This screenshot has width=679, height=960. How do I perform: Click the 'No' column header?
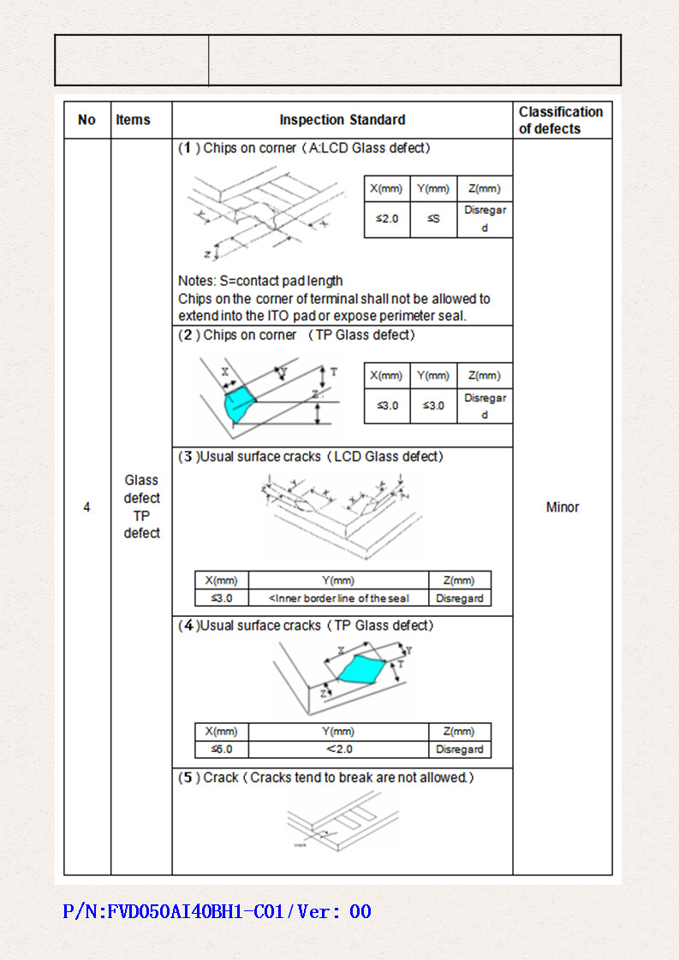(x=86, y=120)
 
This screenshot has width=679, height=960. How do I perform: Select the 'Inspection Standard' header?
(x=342, y=120)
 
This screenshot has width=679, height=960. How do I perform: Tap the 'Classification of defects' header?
(x=561, y=120)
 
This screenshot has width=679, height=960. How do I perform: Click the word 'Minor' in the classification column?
(x=563, y=507)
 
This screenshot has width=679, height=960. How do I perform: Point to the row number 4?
(x=86, y=507)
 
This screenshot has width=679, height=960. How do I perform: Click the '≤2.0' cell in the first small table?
(x=387, y=219)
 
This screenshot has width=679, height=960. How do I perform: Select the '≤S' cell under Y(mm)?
(x=433, y=219)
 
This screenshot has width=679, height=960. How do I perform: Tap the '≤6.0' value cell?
(x=221, y=750)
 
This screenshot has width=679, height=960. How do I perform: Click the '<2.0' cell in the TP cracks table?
(x=338, y=750)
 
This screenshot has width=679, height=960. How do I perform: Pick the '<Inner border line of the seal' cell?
(x=338, y=599)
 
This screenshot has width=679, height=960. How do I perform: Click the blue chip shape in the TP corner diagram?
(x=240, y=403)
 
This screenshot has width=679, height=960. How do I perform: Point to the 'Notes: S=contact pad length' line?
(x=260, y=281)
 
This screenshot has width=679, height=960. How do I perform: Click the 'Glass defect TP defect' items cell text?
(x=141, y=507)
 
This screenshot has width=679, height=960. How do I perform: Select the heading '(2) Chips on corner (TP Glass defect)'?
(x=296, y=335)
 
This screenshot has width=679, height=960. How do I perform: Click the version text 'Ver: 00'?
(x=335, y=912)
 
